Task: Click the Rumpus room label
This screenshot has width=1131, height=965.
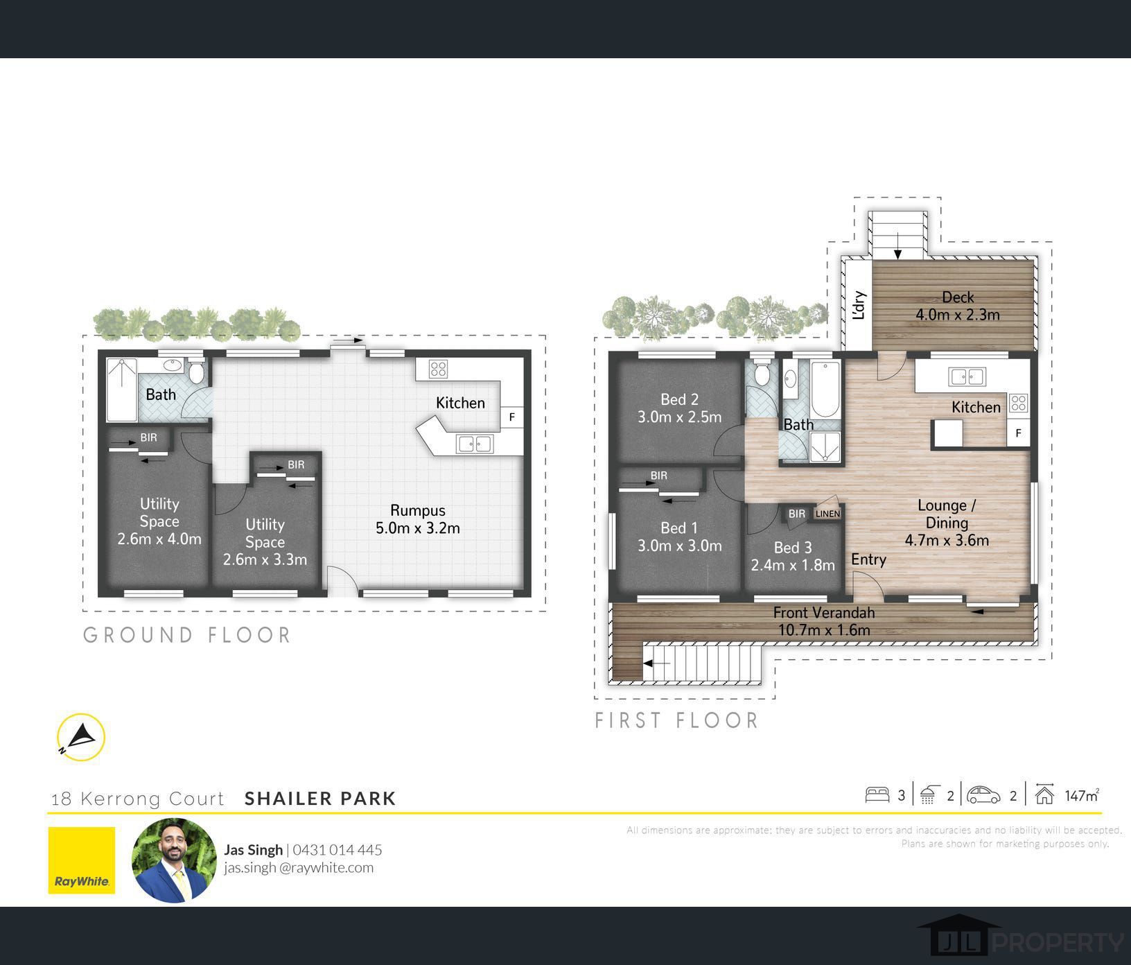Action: pyautogui.click(x=418, y=519)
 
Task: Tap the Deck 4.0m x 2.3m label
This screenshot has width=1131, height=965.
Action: pyautogui.click(x=958, y=306)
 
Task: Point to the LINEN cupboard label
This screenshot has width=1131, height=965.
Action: pyautogui.click(x=827, y=514)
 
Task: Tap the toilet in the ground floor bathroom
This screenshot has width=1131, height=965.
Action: pyautogui.click(x=197, y=371)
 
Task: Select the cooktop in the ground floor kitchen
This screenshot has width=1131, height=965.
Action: pyautogui.click(x=438, y=369)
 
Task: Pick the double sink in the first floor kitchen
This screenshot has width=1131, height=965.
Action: pyautogui.click(x=967, y=377)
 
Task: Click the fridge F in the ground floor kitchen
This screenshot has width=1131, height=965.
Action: pyautogui.click(x=512, y=417)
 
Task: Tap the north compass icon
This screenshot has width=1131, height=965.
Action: pyautogui.click(x=81, y=738)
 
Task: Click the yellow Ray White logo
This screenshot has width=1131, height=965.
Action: pyautogui.click(x=82, y=860)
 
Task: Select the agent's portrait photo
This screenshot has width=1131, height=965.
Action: pyautogui.click(x=174, y=860)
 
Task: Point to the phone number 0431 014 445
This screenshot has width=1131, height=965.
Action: pyautogui.click(x=337, y=850)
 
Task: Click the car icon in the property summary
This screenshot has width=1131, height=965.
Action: pyautogui.click(x=984, y=794)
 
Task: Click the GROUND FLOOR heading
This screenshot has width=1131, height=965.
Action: pyautogui.click(x=187, y=635)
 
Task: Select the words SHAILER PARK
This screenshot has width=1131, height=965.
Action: pyautogui.click(x=320, y=799)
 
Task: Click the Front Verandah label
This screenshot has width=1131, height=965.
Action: pyautogui.click(x=824, y=613)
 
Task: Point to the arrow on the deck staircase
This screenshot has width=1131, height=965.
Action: pyautogui.click(x=897, y=246)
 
